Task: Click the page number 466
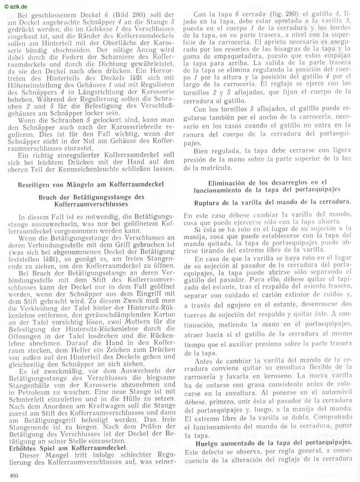point(13,475)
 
